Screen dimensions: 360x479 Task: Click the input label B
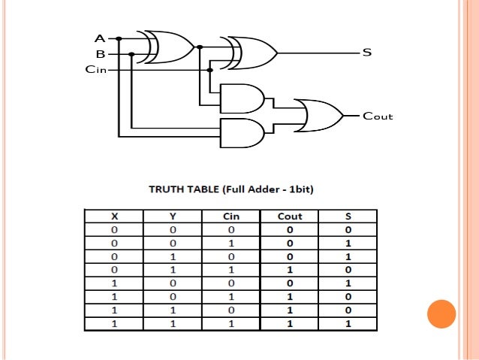pos(100,54)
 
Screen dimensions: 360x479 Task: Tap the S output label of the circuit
pos(367,53)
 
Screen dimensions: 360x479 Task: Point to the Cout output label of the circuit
pos(378,116)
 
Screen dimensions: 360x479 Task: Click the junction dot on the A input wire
pos(119,38)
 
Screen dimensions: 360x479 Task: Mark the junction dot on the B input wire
pos(131,54)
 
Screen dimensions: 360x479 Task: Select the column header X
pos(114,216)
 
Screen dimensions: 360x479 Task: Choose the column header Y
pos(173,216)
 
